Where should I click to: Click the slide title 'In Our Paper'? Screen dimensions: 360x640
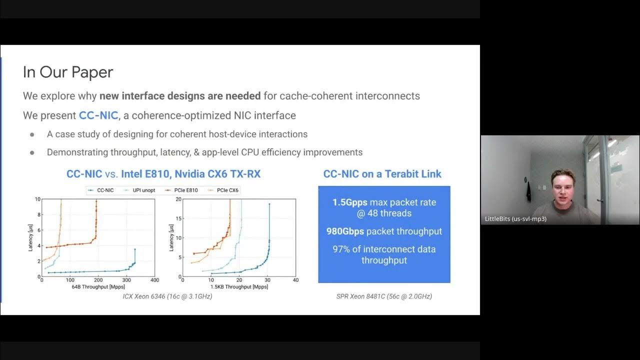click(x=68, y=72)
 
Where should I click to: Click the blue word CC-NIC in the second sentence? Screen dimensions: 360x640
click(x=98, y=115)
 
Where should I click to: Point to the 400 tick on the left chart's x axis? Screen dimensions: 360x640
click(x=155, y=280)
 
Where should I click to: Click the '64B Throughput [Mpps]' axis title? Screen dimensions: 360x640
click(x=97, y=287)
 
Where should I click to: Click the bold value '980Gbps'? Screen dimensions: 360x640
click(x=345, y=231)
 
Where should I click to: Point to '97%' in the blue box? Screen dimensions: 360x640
click(x=342, y=249)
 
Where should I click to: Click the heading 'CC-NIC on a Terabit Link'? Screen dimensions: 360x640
click(x=382, y=174)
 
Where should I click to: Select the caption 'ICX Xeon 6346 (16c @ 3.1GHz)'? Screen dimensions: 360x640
click(x=167, y=296)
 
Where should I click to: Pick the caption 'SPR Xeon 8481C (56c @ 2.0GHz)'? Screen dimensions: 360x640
click(x=384, y=296)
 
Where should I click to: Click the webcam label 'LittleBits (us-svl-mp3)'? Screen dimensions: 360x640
click(x=515, y=219)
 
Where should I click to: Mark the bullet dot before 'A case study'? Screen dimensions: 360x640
click(x=32, y=134)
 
